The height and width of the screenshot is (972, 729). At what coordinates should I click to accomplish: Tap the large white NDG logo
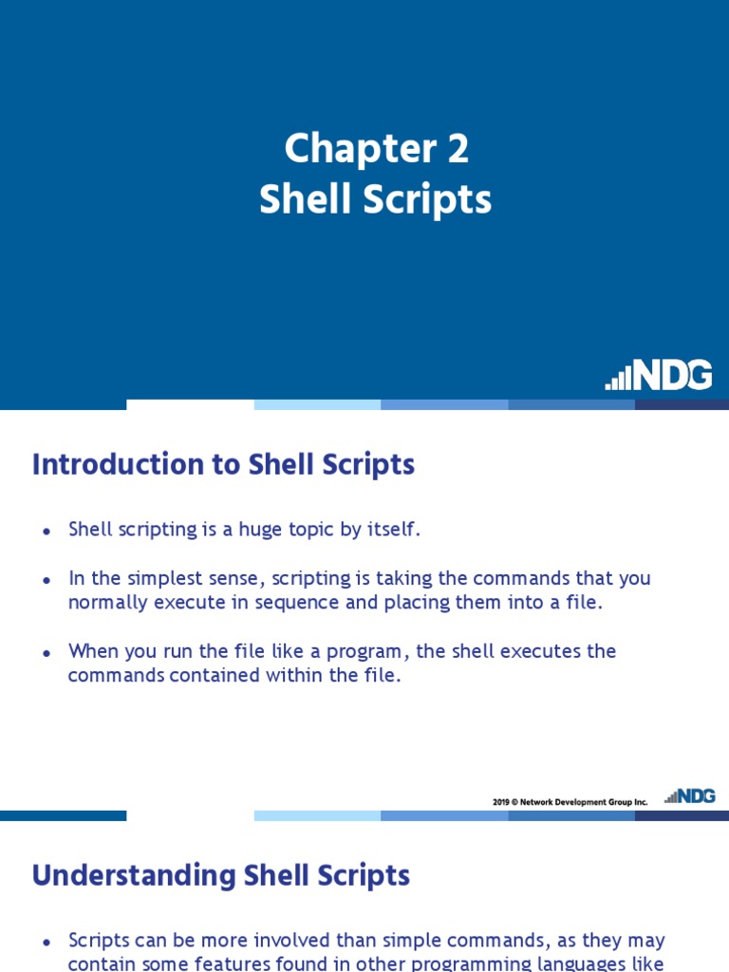click(x=659, y=376)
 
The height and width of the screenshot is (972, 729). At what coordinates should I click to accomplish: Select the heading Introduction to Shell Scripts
click(x=223, y=464)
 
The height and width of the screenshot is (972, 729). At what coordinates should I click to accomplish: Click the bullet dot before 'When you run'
click(x=46, y=653)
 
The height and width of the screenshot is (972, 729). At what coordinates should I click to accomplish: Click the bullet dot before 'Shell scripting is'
click(x=46, y=532)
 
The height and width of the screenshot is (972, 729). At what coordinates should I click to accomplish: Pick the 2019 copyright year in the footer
click(x=501, y=802)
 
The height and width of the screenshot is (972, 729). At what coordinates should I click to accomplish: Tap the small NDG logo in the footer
click(x=690, y=796)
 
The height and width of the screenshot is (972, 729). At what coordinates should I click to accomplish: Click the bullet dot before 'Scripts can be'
click(x=46, y=943)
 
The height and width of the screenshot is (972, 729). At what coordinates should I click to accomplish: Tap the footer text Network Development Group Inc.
click(x=584, y=802)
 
